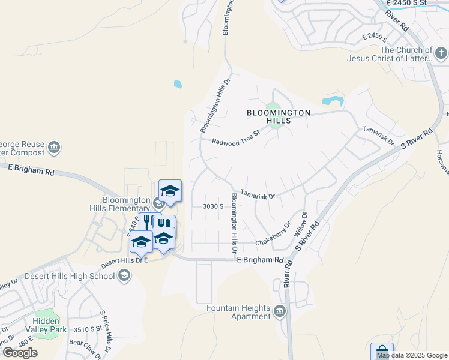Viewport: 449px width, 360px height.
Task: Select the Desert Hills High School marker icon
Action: pyautogui.click(x=124, y=276)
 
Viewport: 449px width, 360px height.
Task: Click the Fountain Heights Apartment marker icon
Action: pyautogui.click(x=280, y=311)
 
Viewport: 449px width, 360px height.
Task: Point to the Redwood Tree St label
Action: pyautogui.click(x=235, y=137)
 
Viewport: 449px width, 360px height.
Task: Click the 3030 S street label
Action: pyautogui.click(x=213, y=206)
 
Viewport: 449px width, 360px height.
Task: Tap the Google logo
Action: pyautogui.click(x=20, y=353)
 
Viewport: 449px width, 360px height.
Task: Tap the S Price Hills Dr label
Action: pyautogui.click(x=107, y=332)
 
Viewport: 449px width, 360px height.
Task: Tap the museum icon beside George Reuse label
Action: pyautogui.click(x=54, y=148)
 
